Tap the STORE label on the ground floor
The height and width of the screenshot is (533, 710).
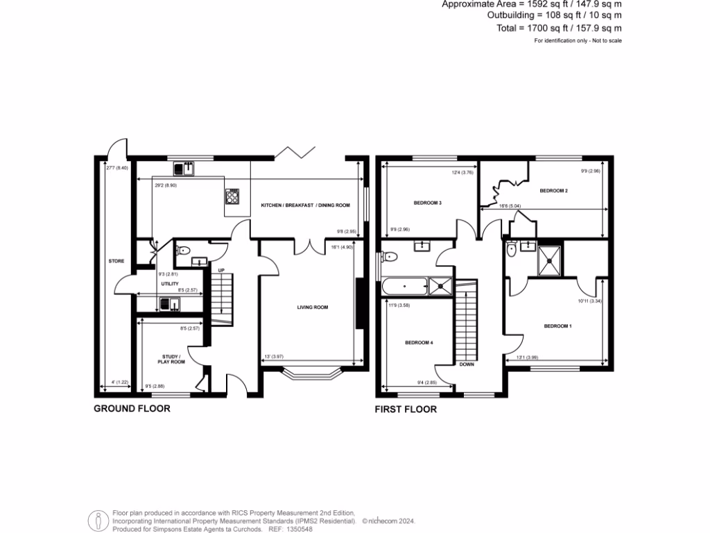116,261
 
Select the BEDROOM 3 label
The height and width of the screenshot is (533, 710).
428,203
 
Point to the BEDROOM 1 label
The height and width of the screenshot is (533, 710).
557,325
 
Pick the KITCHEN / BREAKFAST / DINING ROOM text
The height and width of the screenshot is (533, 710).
305,205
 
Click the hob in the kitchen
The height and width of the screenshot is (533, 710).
232,197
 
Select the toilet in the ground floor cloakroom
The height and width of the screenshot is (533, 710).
182,251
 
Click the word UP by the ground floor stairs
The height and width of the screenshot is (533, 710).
220,270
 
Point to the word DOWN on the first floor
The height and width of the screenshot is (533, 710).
466,364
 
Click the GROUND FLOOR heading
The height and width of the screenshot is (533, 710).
132,409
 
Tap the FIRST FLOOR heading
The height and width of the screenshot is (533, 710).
406,409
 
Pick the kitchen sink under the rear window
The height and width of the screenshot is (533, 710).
185,167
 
